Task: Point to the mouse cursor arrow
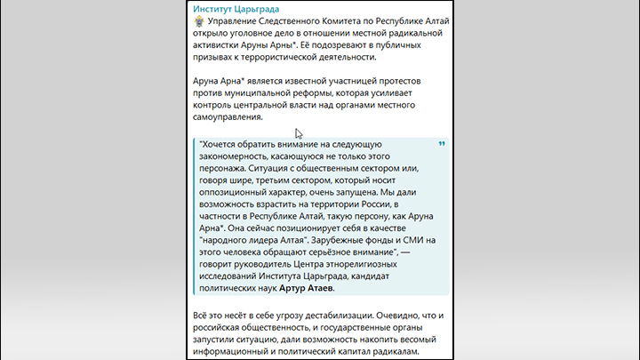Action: click(x=300, y=133)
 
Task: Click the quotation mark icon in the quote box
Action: click(x=443, y=144)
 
